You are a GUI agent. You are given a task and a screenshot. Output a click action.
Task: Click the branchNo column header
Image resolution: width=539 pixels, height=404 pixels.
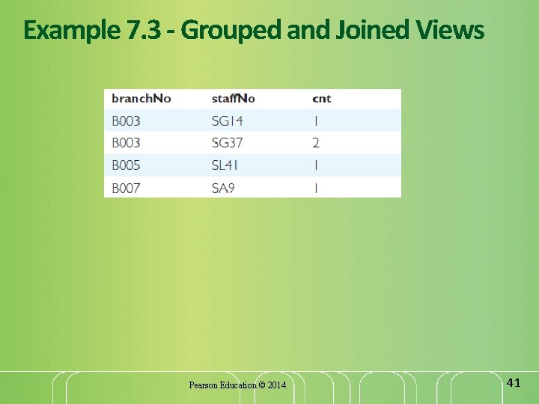[141, 99]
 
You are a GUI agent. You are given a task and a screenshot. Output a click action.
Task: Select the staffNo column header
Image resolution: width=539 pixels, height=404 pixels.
[234, 99]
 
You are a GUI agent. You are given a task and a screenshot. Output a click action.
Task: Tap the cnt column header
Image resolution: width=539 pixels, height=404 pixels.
[322, 99]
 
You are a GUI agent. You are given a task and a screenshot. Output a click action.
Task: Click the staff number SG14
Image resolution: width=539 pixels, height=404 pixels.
[228, 120]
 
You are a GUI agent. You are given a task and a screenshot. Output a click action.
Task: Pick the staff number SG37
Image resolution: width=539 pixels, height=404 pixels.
[228, 143]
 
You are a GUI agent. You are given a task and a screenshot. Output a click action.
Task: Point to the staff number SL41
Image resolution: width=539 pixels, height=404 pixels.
[227, 165]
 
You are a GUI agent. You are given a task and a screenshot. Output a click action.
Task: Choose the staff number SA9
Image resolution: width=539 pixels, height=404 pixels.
[223, 188]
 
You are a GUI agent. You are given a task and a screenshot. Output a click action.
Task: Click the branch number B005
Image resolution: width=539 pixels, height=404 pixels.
[127, 165]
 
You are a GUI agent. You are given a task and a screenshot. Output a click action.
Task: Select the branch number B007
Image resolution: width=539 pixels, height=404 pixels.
[127, 188]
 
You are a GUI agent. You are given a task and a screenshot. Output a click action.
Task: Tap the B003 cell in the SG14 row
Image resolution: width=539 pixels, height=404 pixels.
[127, 120]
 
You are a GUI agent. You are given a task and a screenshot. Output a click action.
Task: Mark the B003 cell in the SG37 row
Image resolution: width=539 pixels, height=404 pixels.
[127, 143]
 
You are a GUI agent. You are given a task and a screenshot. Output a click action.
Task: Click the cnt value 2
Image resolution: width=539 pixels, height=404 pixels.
[316, 143]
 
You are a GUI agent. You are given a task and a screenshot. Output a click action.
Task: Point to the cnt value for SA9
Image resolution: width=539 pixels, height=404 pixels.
[316, 188]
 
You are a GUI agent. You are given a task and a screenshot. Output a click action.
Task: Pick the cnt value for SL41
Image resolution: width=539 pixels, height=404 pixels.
[316, 165]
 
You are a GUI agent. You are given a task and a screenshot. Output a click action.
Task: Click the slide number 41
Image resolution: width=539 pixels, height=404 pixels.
[514, 383]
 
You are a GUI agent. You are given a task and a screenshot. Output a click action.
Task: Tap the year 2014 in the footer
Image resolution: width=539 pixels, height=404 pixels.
[276, 385]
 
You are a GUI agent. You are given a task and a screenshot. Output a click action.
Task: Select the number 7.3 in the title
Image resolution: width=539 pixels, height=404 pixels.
[134, 31]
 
